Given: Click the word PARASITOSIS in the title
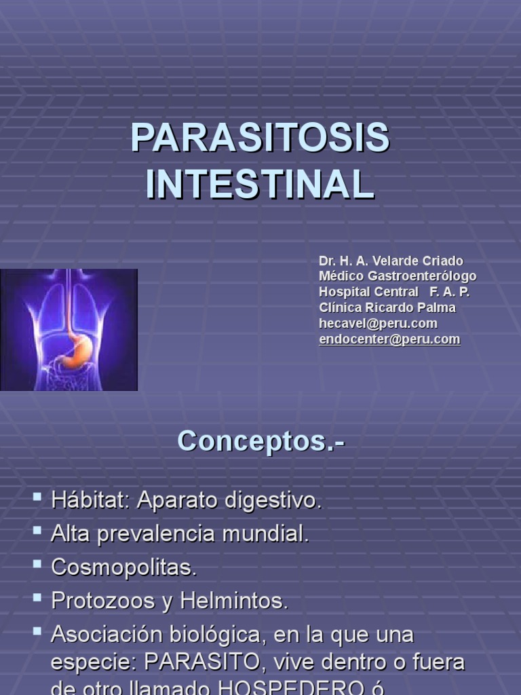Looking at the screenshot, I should pyautogui.click(x=260, y=138).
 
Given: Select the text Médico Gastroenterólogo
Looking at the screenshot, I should pyautogui.click(x=398, y=276).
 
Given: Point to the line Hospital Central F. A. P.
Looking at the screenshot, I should pyautogui.click(x=394, y=292).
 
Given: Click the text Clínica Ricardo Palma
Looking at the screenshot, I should pyautogui.click(x=387, y=307).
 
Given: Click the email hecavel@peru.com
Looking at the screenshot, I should pyautogui.click(x=378, y=323).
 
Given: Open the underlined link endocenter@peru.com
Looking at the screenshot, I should pyautogui.click(x=389, y=339).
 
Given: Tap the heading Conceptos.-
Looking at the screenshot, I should pyautogui.click(x=261, y=441).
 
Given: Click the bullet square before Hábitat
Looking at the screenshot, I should pyautogui.click(x=37, y=498).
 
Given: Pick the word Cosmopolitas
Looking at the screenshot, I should pyautogui.click(x=124, y=567).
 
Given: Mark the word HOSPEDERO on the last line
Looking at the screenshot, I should pyautogui.click(x=292, y=688).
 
